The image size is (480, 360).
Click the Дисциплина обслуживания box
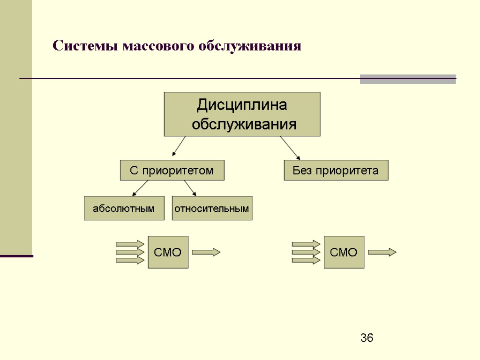pyautogui.click(x=242, y=114)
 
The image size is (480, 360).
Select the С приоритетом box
pyautogui.click(x=172, y=170)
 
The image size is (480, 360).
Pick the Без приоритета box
pyautogui.click(x=336, y=170)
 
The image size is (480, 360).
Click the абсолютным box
pyautogui.click(x=124, y=208)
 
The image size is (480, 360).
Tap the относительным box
pyautogui.click(x=212, y=208)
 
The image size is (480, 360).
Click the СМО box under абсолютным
pyautogui.click(x=168, y=252)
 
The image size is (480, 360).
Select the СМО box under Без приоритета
pyautogui.click(x=344, y=252)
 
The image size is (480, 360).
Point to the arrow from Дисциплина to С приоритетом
pyautogui.click(x=179, y=146)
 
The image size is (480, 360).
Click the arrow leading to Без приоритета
pyautogui.click(x=290, y=148)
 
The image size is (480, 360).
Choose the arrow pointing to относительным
pyautogui.click(x=189, y=187)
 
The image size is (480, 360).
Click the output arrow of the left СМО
pyautogui.click(x=206, y=252)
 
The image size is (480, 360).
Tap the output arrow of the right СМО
pyautogui.click(x=382, y=252)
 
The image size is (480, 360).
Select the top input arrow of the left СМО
pyautogui.click(x=130, y=244)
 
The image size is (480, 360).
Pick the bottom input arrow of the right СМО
pyautogui.click(x=306, y=260)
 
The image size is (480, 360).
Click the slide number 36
pyautogui.click(x=367, y=338)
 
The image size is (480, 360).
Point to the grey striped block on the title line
pyautogui.click(x=408, y=79)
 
